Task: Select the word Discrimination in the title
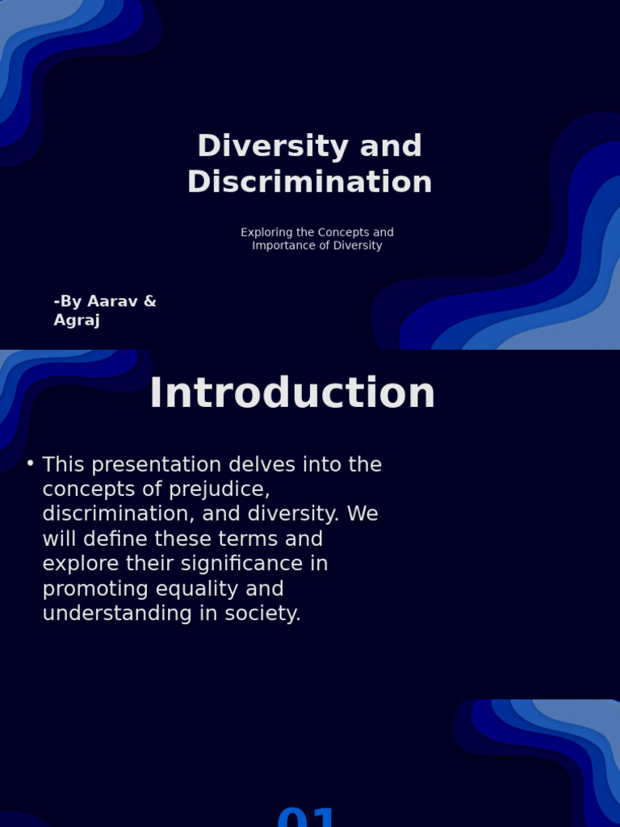[309, 182]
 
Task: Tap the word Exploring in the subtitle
[266, 233]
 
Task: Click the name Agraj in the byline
[77, 320]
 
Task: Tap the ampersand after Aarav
[149, 301]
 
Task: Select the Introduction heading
[292, 393]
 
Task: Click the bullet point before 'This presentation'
[30, 464]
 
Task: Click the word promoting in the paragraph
[92, 589]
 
